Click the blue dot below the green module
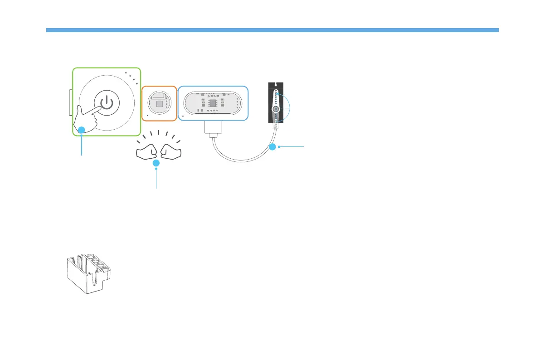82,131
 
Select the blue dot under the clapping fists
156,163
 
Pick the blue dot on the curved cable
272,147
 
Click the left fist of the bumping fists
146,151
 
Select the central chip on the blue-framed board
212,103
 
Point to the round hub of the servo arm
275,110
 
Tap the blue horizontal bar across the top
272,30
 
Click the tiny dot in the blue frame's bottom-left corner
182,117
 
